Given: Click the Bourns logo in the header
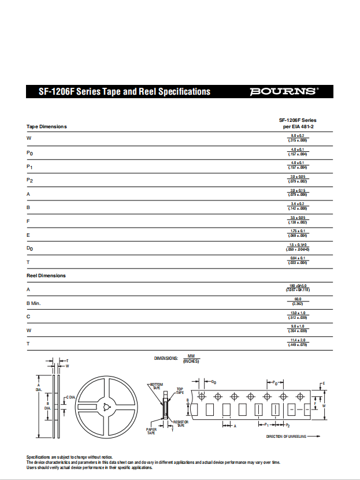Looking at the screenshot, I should coord(283,91).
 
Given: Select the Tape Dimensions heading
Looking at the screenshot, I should coord(47,126).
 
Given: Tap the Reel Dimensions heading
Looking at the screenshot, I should coord(46,276).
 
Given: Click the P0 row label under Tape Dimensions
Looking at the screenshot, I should coord(30,153).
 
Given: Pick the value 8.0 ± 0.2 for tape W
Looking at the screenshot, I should coord(298,135).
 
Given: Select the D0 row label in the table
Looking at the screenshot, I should coord(30,248).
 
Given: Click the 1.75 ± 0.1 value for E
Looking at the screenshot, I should coord(298,231).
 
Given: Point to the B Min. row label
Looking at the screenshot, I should coord(34,303).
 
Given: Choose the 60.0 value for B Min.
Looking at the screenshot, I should coord(298,299).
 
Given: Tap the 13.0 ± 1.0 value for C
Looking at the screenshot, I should coord(298,312).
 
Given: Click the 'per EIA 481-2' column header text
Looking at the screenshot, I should coord(298,126).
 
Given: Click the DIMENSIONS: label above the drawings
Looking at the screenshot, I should coord(166,358).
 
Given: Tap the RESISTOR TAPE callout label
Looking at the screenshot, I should coord(181,424).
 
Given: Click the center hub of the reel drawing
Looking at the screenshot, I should coord(106,408).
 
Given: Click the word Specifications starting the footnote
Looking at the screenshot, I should coord(39,457).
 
